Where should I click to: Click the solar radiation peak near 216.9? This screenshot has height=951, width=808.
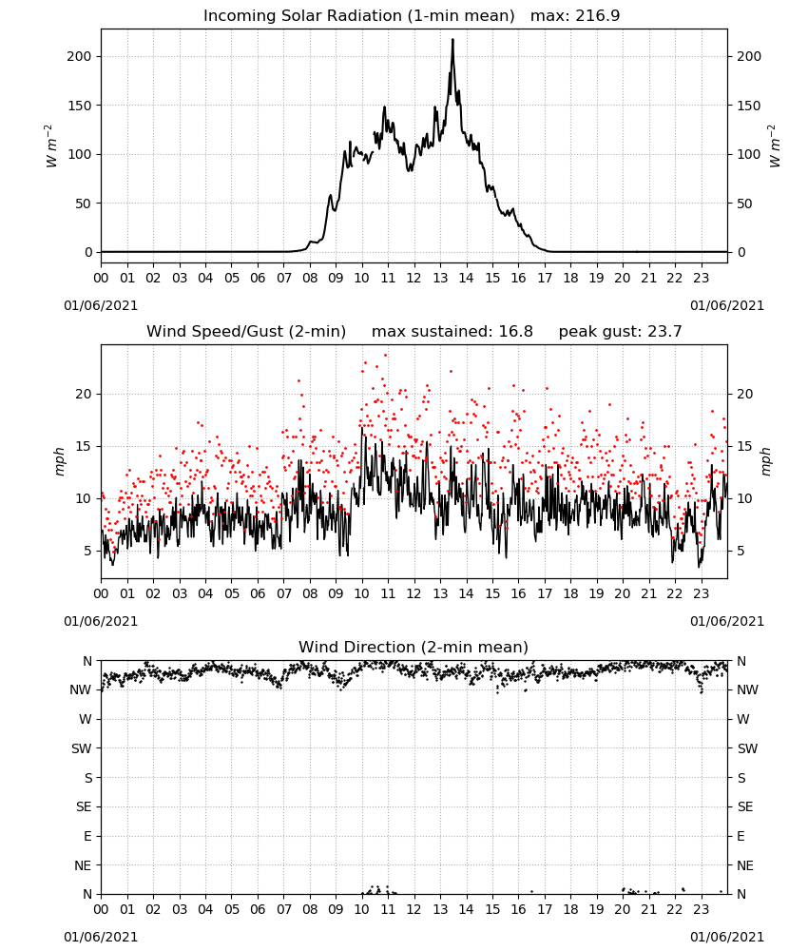tap(452, 40)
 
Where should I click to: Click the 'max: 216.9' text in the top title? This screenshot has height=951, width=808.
tap(575, 16)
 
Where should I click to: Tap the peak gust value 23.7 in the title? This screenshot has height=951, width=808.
tap(664, 332)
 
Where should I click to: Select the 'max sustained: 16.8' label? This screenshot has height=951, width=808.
tap(452, 332)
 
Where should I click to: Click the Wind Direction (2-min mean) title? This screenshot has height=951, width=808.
tap(414, 647)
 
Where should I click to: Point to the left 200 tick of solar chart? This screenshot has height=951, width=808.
tap(80, 56)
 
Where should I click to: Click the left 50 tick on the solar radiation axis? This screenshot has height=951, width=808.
tap(84, 204)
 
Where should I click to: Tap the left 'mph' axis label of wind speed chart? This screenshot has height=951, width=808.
tap(59, 461)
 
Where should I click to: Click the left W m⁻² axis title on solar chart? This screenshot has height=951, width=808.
tap(51, 146)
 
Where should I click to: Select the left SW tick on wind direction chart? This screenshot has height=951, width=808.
tap(82, 749)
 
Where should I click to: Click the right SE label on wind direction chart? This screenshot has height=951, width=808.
tap(745, 807)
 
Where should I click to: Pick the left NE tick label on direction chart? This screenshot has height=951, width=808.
tap(83, 866)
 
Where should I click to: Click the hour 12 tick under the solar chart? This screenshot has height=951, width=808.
tap(414, 279)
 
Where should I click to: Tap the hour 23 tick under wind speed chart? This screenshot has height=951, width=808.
tap(701, 593)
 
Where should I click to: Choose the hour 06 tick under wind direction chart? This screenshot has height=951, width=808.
tap(258, 909)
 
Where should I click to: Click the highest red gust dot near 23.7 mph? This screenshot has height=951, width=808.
tap(386, 356)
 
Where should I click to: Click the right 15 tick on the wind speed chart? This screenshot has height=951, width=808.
tap(745, 446)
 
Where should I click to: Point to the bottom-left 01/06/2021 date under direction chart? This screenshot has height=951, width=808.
tap(101, 937)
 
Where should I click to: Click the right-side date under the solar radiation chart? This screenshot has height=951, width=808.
tap(727, 305)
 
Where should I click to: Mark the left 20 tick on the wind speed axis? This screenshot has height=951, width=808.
tap(84, 395)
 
